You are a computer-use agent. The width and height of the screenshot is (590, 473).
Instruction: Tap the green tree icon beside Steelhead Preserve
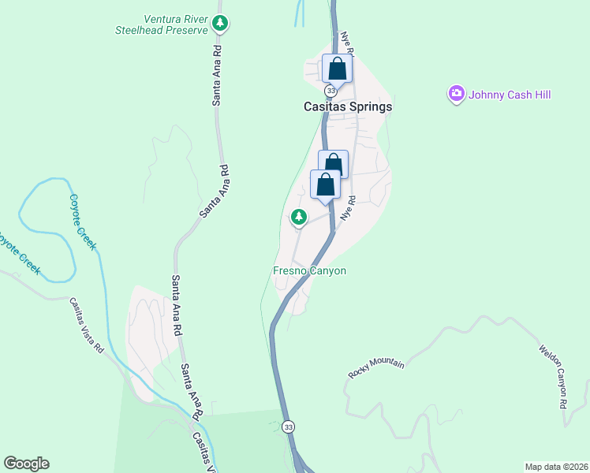pyautogui.click(x=222, y=24)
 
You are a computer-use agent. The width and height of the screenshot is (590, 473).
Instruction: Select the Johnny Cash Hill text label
pyautogui.click(x=509, y=95)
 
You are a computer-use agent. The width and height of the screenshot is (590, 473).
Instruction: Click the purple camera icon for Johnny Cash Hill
pyautogui.click(x=456, y=95)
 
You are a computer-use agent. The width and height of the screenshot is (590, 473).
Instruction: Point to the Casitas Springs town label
pyautogui.click(x=348, y=106)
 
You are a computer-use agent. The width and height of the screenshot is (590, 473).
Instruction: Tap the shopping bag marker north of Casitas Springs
pyautogui.click(x=337, y=69)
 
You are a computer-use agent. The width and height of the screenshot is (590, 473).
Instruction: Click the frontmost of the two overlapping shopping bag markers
pyautogui.click(x=326, y=185)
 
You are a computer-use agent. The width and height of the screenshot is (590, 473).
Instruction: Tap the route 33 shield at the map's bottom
pyautogui.click(x=289, y=426)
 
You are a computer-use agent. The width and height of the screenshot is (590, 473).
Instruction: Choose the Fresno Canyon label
pyautogui.click(x=309, y=271)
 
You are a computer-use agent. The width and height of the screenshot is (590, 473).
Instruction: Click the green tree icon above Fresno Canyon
pyautogui.click(x=298, y=216)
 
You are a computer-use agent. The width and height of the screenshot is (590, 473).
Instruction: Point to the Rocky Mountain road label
pyautogui.click(x=376, y=370)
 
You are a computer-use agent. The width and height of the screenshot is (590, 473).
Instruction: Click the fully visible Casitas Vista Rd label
pyautogui.click(x=86, y=325)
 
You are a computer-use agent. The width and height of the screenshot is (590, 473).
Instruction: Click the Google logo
pyautogui.click(x=26, y=464)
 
